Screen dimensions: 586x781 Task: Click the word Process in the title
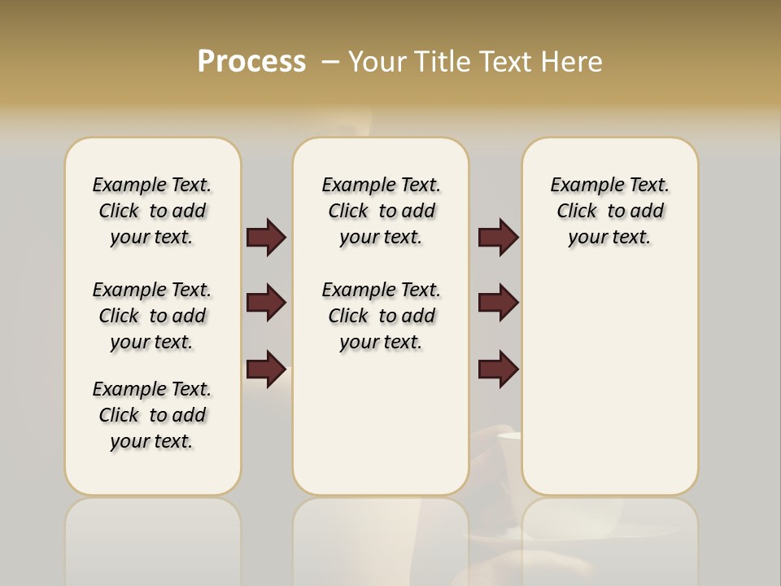tap(251, 62)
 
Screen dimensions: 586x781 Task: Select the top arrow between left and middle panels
tap(266, 238)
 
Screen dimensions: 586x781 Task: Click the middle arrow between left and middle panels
tap(266, 303)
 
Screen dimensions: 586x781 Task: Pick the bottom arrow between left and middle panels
tap(266, 370)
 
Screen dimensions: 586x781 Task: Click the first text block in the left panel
tap(152, 211)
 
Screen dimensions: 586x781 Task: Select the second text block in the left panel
tap(152, 316)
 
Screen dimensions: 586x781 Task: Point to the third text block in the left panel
tap(152, 415)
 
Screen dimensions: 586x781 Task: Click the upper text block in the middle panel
tap(382, 211)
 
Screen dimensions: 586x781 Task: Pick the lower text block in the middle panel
tap(382, 316)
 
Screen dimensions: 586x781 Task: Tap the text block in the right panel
tap(610, 211)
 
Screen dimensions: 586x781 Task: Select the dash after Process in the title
tap(331, 62)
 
